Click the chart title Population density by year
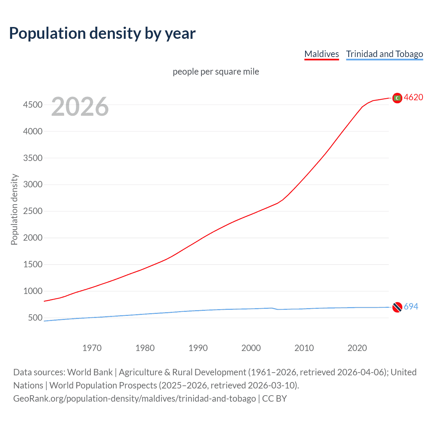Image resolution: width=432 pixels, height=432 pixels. [102, 33]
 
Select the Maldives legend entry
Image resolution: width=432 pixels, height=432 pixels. [321, 54]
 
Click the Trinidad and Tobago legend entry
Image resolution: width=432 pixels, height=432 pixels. [384, 54]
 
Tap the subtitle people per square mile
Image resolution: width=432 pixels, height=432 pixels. [216, 72]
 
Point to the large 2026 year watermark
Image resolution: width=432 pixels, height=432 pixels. [80, 107]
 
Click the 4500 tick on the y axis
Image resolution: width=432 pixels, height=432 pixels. [33, 105]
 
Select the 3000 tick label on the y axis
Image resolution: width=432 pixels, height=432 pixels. [33, 184]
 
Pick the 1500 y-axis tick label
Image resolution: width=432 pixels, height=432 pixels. [33, 264]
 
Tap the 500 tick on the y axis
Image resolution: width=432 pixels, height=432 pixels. [35, 318]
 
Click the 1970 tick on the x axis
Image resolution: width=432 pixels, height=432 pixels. [92, 348]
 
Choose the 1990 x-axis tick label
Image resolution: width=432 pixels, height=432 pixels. [198, 348]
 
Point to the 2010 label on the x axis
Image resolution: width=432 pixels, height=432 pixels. [304, 348]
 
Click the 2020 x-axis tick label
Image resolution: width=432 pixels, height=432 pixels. [357, 348]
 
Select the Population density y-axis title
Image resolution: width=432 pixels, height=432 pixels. [14, 209]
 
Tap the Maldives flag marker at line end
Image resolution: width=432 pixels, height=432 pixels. [397, 98]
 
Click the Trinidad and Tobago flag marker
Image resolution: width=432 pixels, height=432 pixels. [397, 307]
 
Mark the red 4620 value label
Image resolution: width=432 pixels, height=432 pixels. [413, 97]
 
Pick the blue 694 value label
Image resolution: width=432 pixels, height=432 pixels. [411, 306]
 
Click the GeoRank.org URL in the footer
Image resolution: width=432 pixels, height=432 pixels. [134, 399]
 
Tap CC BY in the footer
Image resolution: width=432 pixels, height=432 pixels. [274, 399]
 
